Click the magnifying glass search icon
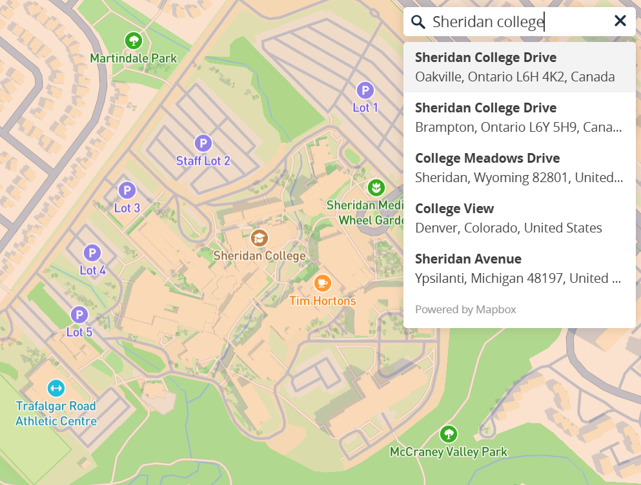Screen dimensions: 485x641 pos(418,22)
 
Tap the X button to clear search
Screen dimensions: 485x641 pos(620,21)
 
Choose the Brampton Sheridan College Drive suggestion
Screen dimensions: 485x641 pos(519,118)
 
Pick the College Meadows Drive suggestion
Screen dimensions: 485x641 pos(519,168)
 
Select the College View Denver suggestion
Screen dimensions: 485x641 pos(519,218)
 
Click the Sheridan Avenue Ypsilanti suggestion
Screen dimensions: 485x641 pos(519,269)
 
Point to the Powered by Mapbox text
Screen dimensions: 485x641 pos(465,309)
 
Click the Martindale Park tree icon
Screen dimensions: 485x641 pos(134,41)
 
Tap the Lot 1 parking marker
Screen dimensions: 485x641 pos(365,90)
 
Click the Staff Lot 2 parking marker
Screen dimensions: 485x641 pos(203,143)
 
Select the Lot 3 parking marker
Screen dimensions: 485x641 pos(127,191)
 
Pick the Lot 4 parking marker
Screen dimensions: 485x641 pos(92,253)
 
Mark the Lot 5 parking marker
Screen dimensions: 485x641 pos(79,315)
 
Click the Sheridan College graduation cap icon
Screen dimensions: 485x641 pos(259,238)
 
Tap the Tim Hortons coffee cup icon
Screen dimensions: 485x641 pos(322,283)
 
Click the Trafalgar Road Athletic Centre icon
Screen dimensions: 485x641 pos(56,388)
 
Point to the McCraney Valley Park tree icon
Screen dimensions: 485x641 pos(449,433)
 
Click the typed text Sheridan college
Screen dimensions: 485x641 pos(488,22)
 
